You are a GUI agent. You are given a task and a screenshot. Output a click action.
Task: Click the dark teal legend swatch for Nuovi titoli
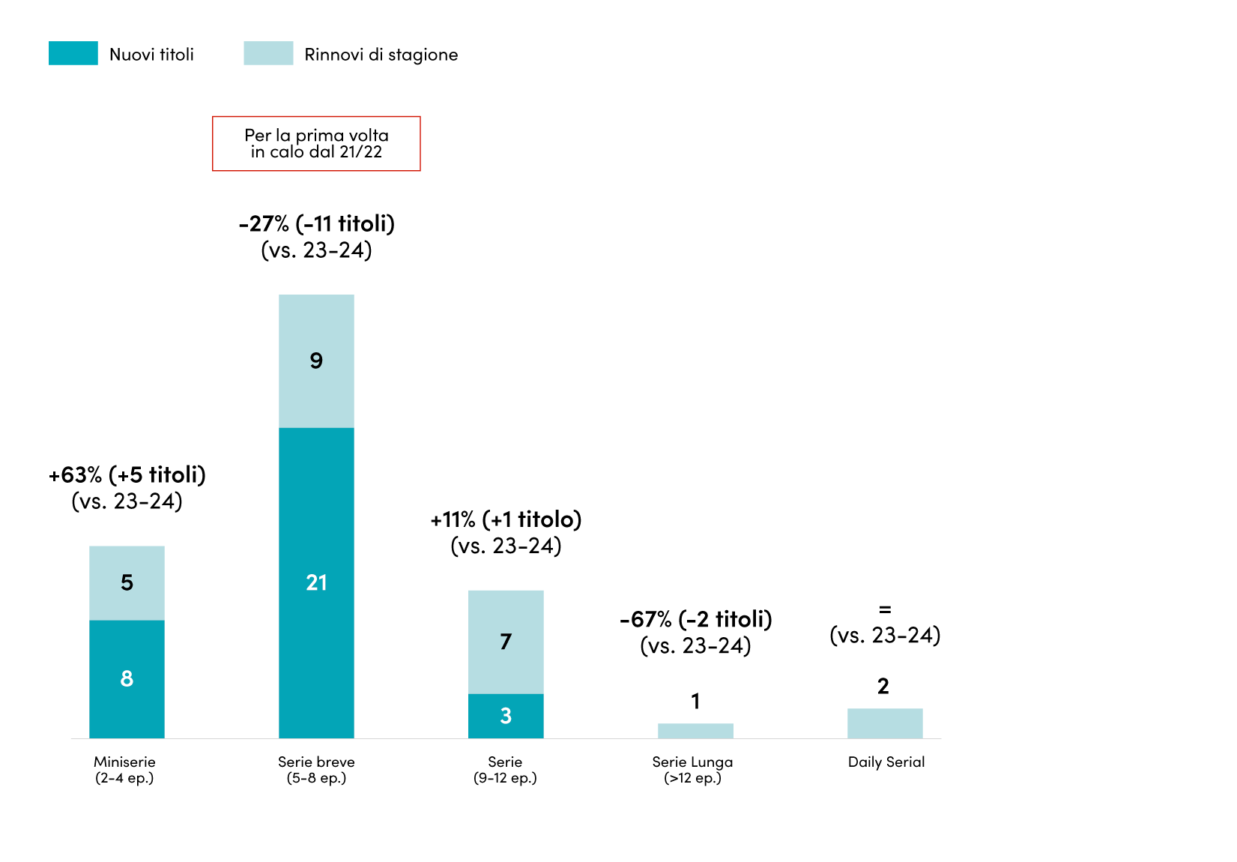tap(73, 53)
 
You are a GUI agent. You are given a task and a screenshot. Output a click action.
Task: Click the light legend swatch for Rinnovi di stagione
tap(268, 53)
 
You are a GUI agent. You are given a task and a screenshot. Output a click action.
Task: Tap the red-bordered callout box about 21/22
tap(316, 144)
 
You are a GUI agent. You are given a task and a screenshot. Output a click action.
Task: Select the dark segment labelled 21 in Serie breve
tap(316, 583)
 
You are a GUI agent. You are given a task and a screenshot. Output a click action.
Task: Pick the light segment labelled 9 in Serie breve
tap(316, 361)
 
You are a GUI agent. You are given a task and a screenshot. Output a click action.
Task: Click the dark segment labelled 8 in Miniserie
tap(127, 679)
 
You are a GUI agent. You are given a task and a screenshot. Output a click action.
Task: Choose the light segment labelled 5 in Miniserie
tap(127, 583)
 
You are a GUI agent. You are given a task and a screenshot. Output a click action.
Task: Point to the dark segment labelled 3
tap(506, 716)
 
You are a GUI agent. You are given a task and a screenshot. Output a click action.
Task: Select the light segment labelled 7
tap(506, 642)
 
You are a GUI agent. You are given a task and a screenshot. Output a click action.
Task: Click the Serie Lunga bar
tap(695, 731)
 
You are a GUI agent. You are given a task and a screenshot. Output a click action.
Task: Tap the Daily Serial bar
tap(885, 723)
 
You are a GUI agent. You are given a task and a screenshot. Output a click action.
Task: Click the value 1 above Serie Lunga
tap(696, 701)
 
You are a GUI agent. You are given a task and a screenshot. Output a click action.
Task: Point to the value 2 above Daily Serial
tap(883, 687)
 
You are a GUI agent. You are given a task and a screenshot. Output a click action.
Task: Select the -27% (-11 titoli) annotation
tap(316, 224)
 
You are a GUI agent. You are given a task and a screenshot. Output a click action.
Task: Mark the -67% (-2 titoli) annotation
tap(696, 619)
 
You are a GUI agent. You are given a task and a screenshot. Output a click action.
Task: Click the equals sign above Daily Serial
tap(885, 610)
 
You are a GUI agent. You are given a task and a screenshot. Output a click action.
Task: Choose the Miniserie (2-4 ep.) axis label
tap(125, 770)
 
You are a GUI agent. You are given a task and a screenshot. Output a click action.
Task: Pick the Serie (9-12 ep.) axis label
tap(505, 770)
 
